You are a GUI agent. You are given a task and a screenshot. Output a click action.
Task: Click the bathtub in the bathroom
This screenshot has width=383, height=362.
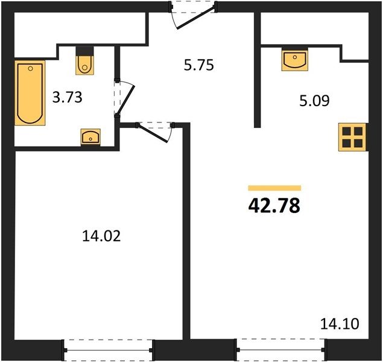point(30,93)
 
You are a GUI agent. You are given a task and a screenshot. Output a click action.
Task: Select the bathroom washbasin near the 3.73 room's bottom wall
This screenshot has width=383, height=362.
point(90,137)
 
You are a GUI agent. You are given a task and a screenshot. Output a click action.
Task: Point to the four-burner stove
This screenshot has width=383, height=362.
point(352,137)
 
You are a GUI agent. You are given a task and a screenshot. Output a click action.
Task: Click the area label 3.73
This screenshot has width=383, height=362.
point(68,97)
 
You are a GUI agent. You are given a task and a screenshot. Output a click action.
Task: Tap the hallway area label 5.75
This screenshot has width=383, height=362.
point(199,65)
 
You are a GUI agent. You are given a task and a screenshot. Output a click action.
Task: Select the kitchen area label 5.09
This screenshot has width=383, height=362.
point(315,101)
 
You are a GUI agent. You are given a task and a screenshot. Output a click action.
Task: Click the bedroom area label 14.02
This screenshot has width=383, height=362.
point(101,236)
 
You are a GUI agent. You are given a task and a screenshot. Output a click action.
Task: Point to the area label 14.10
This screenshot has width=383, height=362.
point(340,324)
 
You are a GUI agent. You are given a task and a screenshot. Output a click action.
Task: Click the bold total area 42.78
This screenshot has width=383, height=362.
point(274,206)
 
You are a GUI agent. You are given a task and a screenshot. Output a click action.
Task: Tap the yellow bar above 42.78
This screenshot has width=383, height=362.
point(274,188)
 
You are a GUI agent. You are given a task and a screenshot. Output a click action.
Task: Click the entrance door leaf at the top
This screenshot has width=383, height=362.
point(196,16)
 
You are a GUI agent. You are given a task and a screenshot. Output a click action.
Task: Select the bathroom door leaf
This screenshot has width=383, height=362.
point(126,100)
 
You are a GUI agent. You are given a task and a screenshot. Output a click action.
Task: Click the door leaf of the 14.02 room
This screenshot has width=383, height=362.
point(152,133)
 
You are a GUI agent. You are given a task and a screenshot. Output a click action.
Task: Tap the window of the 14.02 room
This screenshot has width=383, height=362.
point(108,351)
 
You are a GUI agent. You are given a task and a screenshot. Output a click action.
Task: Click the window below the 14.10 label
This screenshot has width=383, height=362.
point(280,350)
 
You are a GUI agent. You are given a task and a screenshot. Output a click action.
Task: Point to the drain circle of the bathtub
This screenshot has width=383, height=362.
point(30,69)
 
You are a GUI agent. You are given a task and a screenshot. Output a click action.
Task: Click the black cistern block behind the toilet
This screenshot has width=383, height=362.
point(84,51)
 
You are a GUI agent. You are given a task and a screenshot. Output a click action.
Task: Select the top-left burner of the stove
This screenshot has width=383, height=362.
point(347,131)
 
